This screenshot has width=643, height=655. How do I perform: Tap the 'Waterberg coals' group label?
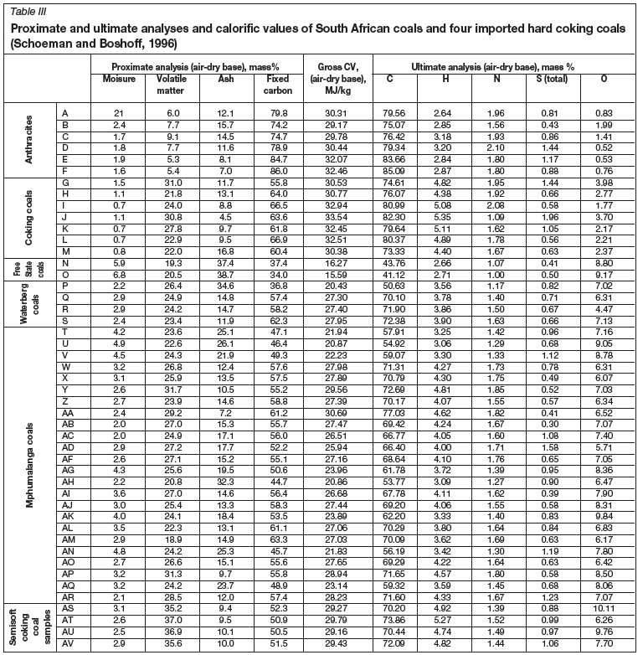pyautogui.click(x=29, y=300)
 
